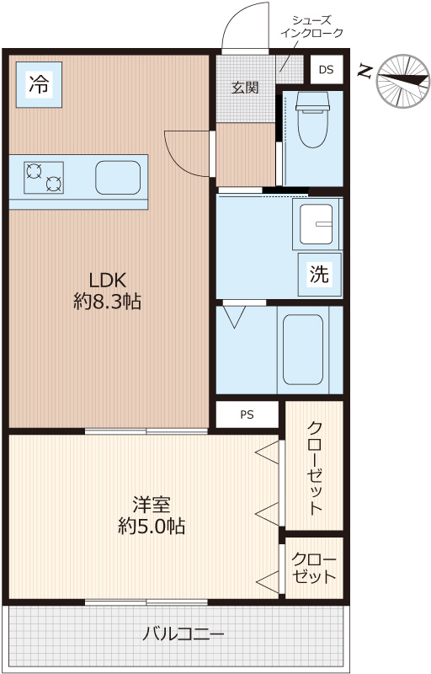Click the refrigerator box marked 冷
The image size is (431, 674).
point(39,85)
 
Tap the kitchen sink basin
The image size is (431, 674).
point(118,178)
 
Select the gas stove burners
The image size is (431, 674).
point(44,178)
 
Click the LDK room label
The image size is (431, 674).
point(107,281)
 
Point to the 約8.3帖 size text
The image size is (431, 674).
point(107,302)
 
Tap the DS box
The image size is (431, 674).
point(327,70)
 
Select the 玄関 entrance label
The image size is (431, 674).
point(245,88)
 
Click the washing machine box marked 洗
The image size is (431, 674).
point(320,274)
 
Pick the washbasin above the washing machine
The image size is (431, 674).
point(317,224)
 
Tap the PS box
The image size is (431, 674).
point(247,415)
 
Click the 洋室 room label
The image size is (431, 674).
point(152,505)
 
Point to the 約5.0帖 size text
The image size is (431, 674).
point(152,526)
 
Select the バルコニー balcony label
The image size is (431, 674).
point(184,634)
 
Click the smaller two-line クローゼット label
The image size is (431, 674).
point(313,568)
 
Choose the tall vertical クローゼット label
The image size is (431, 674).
point(314,468)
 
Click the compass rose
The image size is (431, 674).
point(402,81)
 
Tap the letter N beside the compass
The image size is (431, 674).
point(364,72)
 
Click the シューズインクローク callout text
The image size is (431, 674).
point(311,27)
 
